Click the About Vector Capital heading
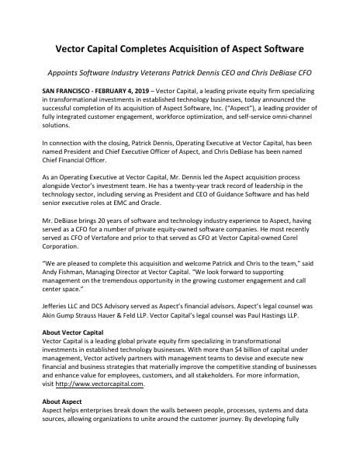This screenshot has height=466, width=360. point(77,332)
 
